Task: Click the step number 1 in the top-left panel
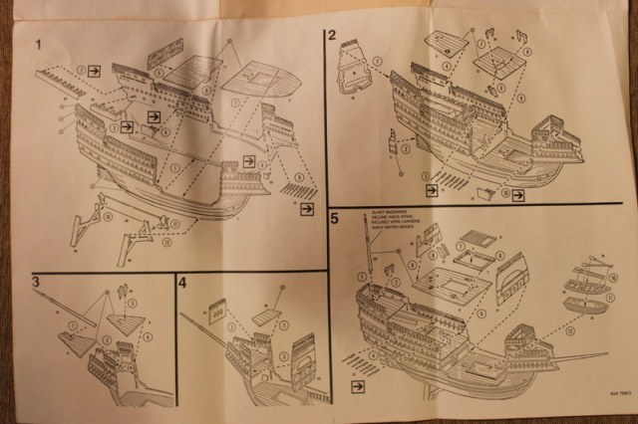[x=38, y=46]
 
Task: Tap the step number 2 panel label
[x=333, y=38]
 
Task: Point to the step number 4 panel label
[x=183, y=283]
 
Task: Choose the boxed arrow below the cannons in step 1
[x=306, y=208]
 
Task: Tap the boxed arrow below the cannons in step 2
[x=432, y=189]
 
